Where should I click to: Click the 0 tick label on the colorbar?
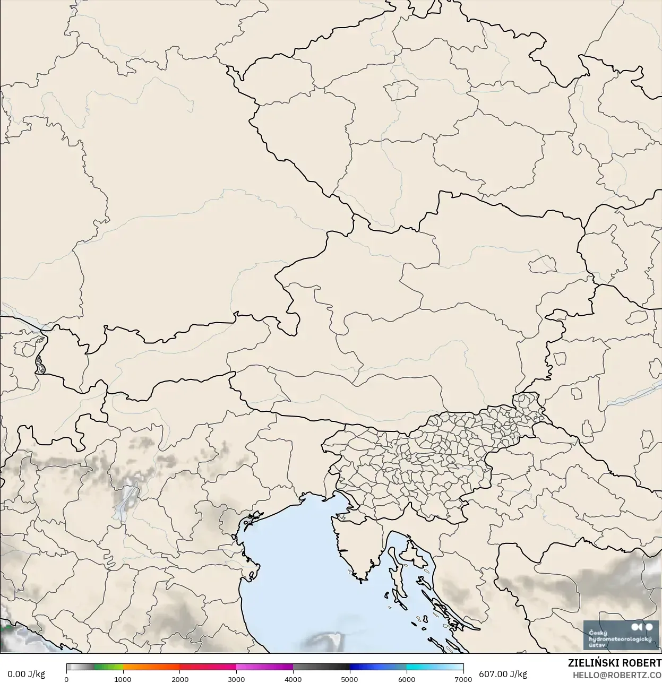66,679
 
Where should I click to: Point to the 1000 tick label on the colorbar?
123,679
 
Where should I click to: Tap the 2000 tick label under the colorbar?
180,679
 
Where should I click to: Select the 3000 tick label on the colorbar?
236,679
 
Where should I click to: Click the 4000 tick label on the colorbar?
293,679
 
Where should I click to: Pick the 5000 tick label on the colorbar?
349,679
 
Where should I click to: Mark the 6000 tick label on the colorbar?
407,679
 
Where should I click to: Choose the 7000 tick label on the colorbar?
463,679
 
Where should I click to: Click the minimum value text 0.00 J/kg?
26,674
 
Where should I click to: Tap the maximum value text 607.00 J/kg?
503,674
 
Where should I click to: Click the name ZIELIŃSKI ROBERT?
615,663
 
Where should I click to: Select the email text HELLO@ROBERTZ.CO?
617,675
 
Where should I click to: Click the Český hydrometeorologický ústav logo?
620,635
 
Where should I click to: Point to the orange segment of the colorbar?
151,667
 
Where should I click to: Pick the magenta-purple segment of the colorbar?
265,667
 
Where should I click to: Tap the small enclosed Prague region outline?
402,91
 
